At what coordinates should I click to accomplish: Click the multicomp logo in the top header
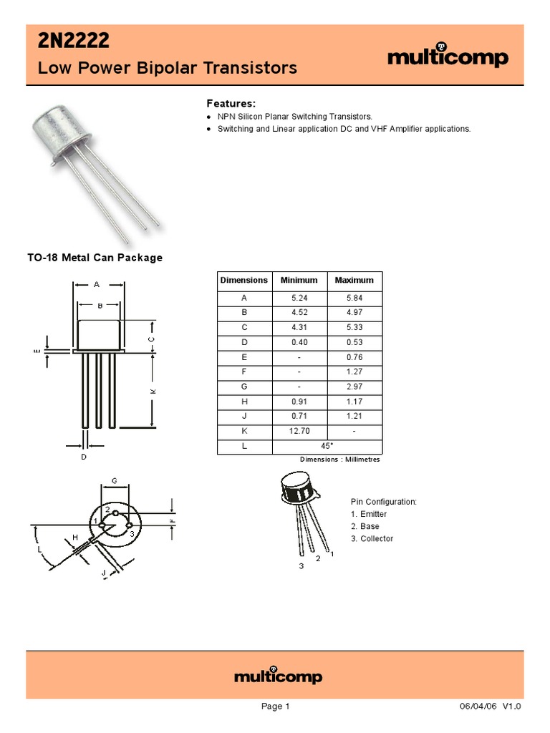click(448, 57)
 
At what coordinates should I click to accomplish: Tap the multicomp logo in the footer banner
click(279, 676)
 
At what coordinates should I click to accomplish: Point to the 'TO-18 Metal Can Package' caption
click(95, 258)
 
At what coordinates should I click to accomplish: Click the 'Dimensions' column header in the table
click(243, 281)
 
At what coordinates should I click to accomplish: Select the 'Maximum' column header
click(354, 281)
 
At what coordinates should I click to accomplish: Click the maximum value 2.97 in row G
click(354, 387)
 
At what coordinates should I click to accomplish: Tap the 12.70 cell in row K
click(299, 432)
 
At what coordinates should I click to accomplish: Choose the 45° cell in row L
click(327, 446)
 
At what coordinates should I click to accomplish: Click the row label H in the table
click(243, 402)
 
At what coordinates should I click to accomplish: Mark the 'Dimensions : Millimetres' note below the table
click(339, 460)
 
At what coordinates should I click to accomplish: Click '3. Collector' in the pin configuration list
click(372, 538)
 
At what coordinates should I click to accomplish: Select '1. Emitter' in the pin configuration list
click(369, 514)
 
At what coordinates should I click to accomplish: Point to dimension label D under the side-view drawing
click(84, 456)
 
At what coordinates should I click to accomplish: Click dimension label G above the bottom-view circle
click(114, 480)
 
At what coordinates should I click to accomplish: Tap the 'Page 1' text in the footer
click(275, 707)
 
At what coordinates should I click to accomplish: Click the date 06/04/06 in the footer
click(478, 707)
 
